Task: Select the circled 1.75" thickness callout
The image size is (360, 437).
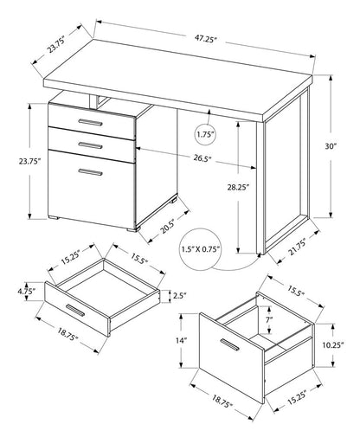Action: (204, 135)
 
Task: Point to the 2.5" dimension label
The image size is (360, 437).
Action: (179, 296)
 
